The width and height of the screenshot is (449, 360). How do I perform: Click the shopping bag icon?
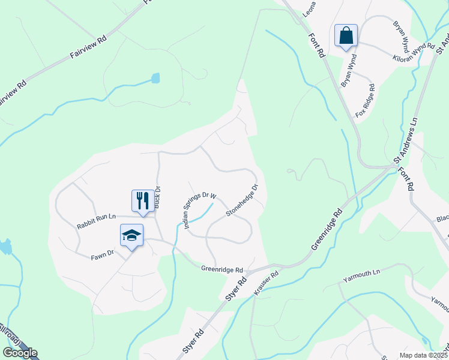346,35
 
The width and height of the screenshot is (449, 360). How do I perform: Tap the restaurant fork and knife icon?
142,200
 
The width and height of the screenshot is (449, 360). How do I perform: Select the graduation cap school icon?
131,235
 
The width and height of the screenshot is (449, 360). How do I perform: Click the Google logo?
20,353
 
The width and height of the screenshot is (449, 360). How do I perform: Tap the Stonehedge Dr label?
242,200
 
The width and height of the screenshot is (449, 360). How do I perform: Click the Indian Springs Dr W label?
199,211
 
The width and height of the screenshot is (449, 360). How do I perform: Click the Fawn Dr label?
102,254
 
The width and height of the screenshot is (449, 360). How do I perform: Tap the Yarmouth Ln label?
362,276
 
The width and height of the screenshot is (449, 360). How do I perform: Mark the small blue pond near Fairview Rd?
156,77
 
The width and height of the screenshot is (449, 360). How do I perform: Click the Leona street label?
310,8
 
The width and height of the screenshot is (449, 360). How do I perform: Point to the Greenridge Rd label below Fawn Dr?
222,270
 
